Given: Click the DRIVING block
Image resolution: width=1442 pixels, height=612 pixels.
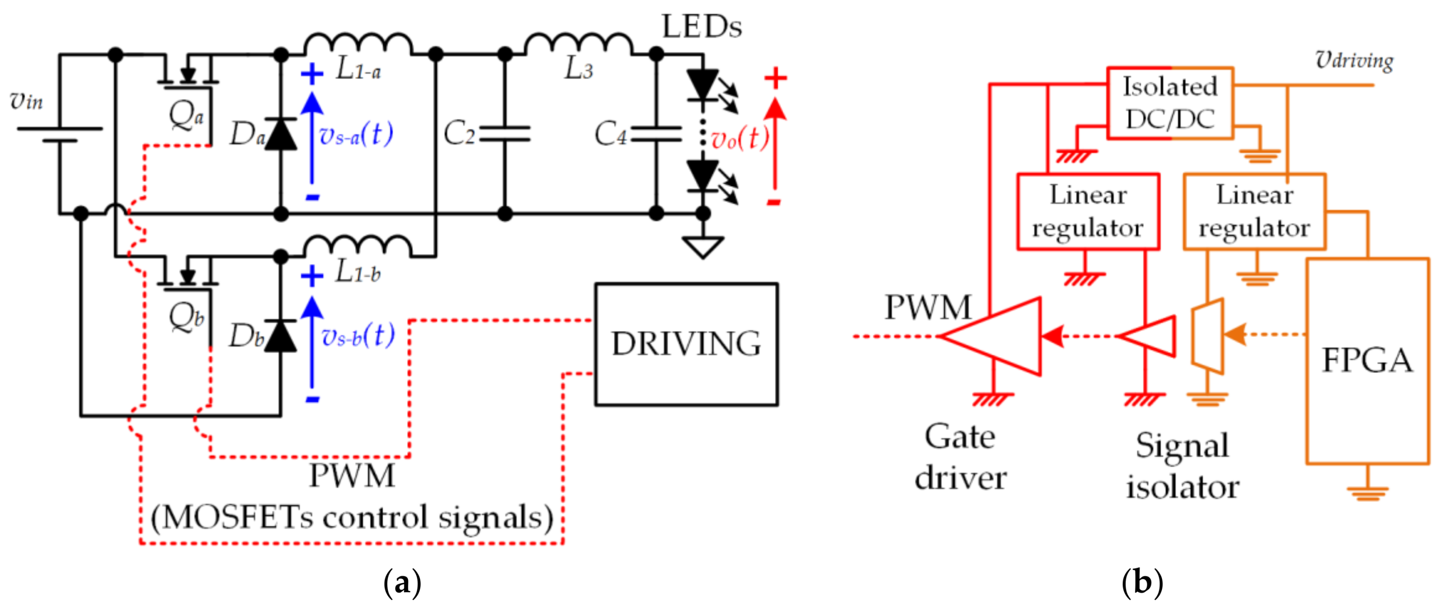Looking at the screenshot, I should pyautogui.click(x=686, y=344).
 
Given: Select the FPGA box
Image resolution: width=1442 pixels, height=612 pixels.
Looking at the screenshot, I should pyautogui.click(x=1367, y=361).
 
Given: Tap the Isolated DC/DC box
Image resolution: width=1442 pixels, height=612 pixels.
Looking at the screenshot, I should pyautogui.click(x=1170, y=103).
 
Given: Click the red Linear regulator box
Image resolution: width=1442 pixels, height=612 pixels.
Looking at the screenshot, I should pyautogui.click(x=1088, y=212).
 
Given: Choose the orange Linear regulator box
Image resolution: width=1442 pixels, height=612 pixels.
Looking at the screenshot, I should pyautogui.click(x=1254, y=212).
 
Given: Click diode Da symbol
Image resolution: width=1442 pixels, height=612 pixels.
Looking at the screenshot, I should pyautogui.click(x=281, y=134).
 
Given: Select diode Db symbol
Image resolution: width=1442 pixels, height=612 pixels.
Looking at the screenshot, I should pyautogui.click(x=281, y=336).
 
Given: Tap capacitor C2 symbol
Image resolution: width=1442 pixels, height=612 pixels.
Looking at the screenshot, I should pyautogui.click(x=505, y=134).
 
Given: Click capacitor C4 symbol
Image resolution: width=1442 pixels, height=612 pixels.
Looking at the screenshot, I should pyautogui.click(x=656, y=134).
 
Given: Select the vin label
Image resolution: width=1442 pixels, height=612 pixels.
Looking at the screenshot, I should pyautogui.click(x=26, y=101).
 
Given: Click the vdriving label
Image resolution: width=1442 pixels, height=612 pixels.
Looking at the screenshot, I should pyautogui.click(x=1354, y=60).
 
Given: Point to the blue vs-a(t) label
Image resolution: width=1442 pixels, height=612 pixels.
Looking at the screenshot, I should pyautogui.click(x=356, y=135).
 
